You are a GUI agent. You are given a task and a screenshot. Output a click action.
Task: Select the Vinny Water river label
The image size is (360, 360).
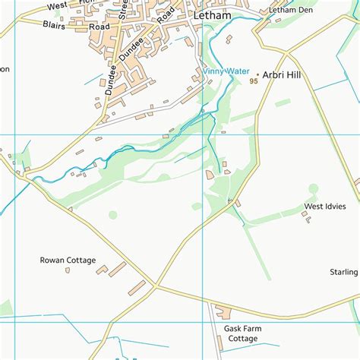(226, 71)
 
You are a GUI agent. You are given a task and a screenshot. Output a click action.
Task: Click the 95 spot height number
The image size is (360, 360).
(253, 81)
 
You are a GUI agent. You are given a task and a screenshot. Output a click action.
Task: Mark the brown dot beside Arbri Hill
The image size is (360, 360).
(257, 75)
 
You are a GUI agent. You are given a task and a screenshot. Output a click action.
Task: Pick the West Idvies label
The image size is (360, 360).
(325, 207)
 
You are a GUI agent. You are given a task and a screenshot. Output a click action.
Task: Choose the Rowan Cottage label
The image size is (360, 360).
(68, 261)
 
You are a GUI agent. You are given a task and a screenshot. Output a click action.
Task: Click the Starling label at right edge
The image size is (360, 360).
(344, 272)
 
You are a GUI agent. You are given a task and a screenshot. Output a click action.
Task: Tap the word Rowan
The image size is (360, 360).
(52, 261)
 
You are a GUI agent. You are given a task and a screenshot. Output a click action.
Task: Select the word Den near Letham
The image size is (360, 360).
(302, 11)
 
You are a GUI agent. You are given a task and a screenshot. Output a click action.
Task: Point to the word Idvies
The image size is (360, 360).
(335, 207)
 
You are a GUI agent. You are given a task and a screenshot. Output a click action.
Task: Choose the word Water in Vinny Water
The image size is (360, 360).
(238, 71)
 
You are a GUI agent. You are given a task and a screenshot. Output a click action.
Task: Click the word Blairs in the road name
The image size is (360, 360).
(53, 24)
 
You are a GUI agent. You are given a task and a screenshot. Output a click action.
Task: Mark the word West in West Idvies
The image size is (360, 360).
(314, 207)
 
